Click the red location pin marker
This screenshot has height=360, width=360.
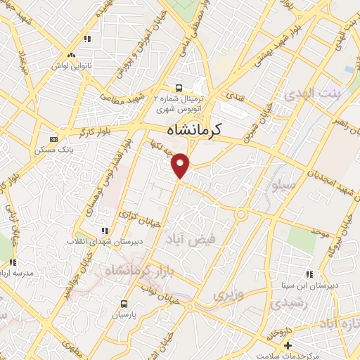[181, 165]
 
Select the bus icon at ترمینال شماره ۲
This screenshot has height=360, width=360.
[180, 89]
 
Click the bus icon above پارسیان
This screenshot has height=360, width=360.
[124, 304]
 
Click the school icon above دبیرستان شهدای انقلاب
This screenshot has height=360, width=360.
[105, 230]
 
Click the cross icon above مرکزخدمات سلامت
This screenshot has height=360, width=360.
[287, 345]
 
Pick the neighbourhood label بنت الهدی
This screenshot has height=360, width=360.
[309, 94]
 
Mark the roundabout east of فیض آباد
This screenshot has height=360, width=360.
[240, 213]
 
